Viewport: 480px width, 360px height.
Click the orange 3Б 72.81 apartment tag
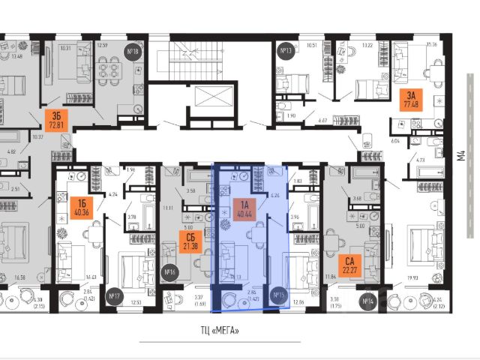53,120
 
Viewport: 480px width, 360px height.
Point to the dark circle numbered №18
134,52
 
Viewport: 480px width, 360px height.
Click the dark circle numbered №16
169,272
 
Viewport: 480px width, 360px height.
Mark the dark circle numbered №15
279,294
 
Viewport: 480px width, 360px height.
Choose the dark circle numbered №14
367,301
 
